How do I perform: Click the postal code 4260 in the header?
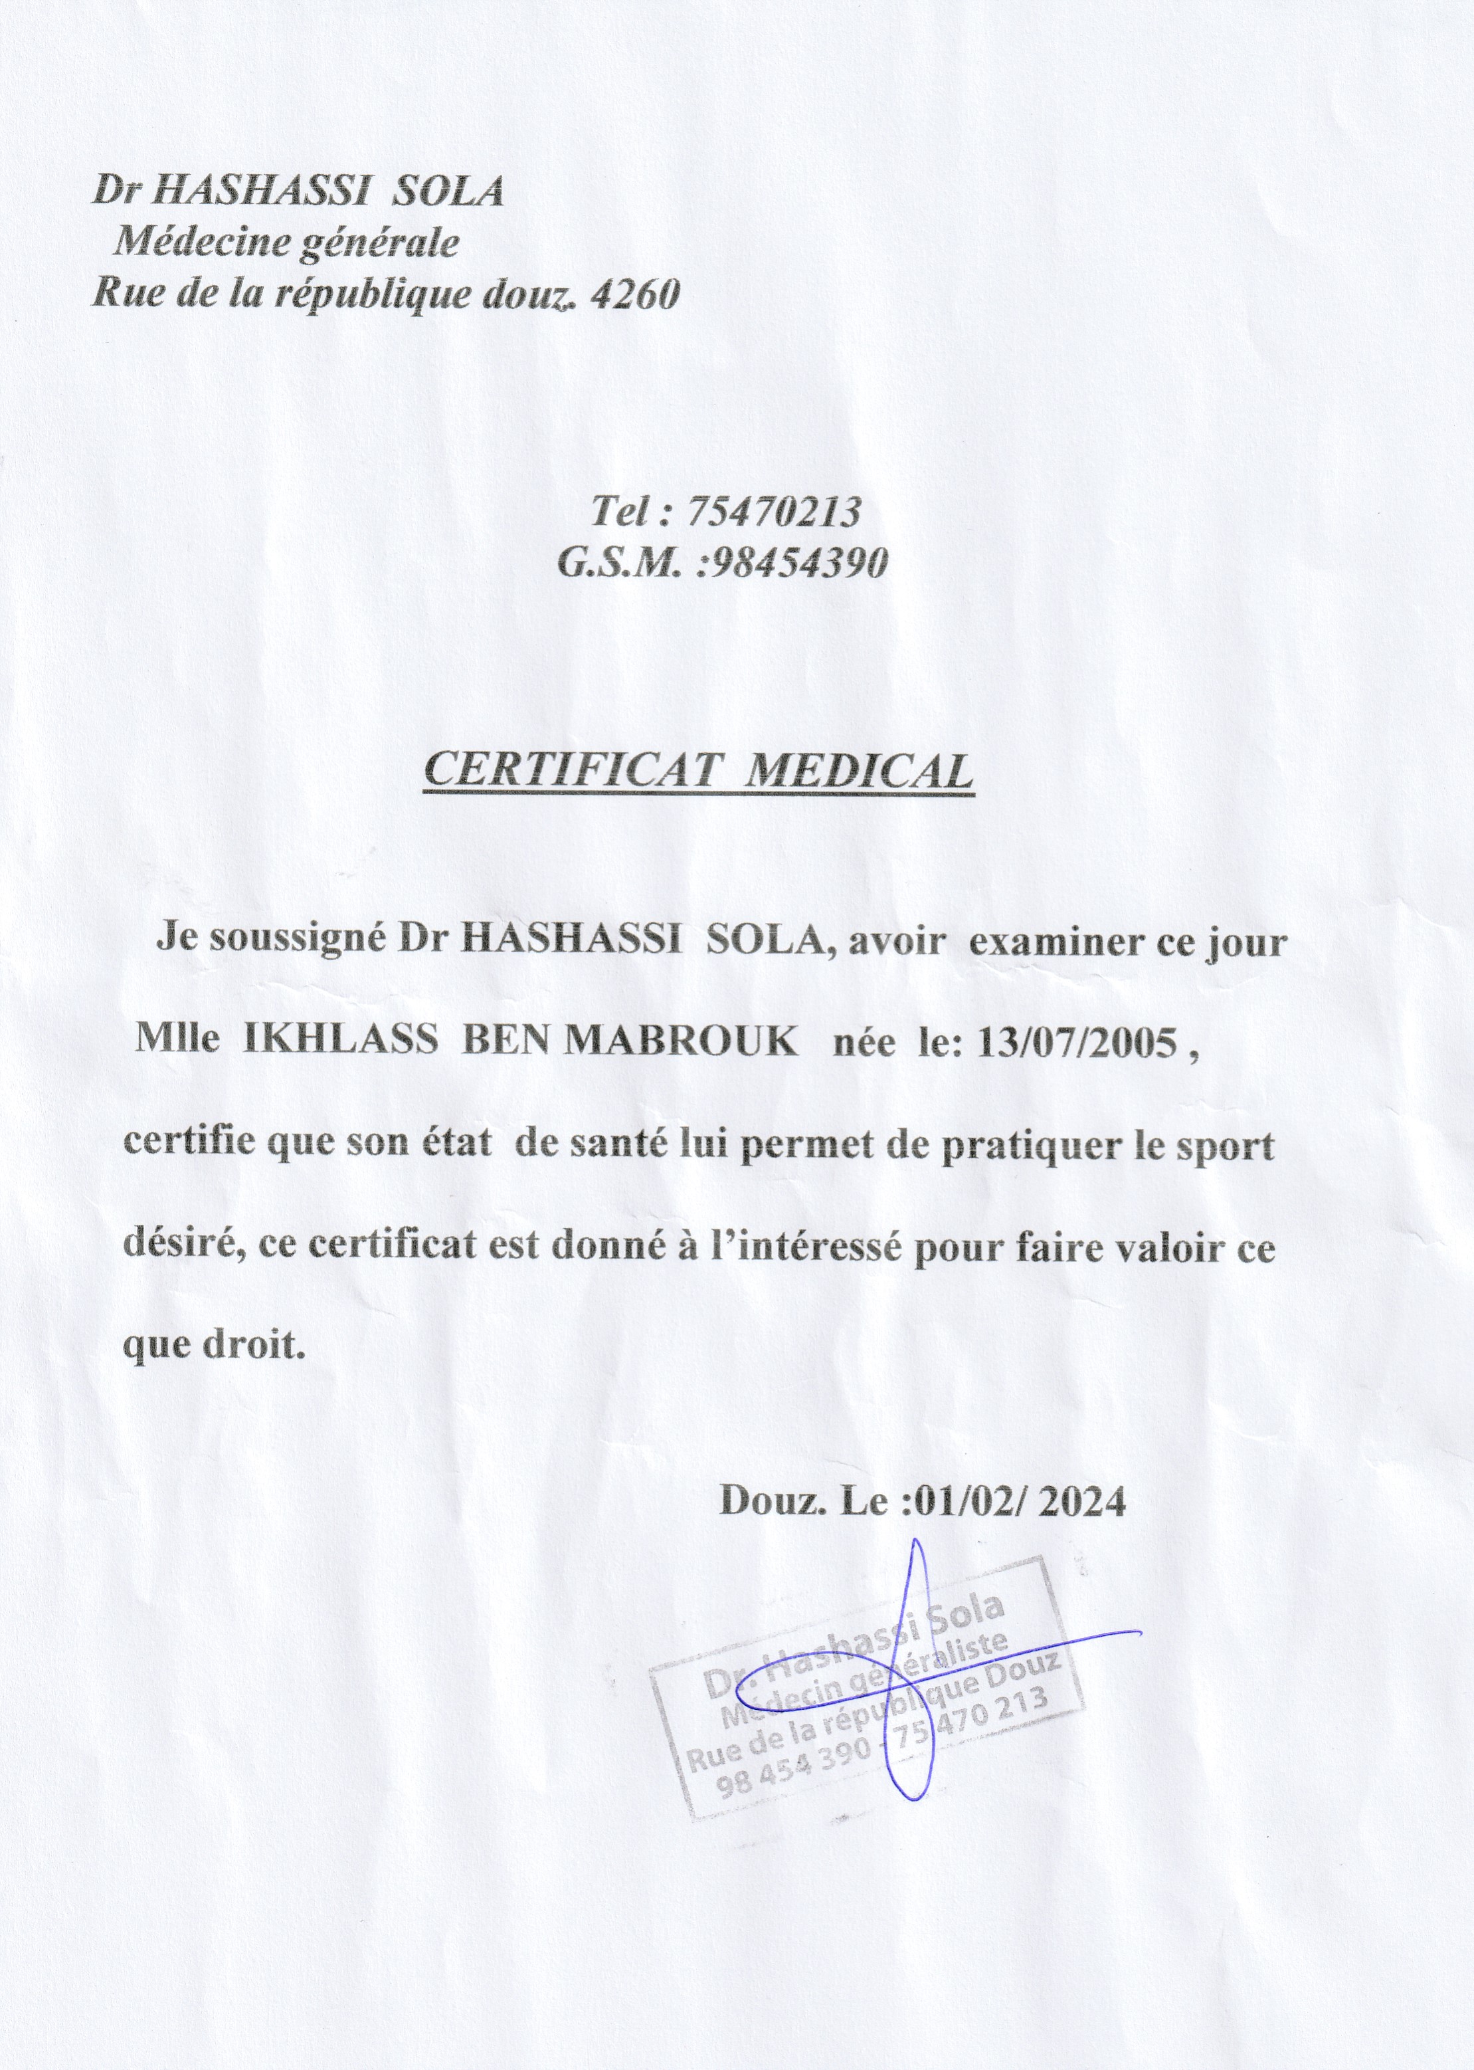point(634,294)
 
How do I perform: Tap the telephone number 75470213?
point(773,513)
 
